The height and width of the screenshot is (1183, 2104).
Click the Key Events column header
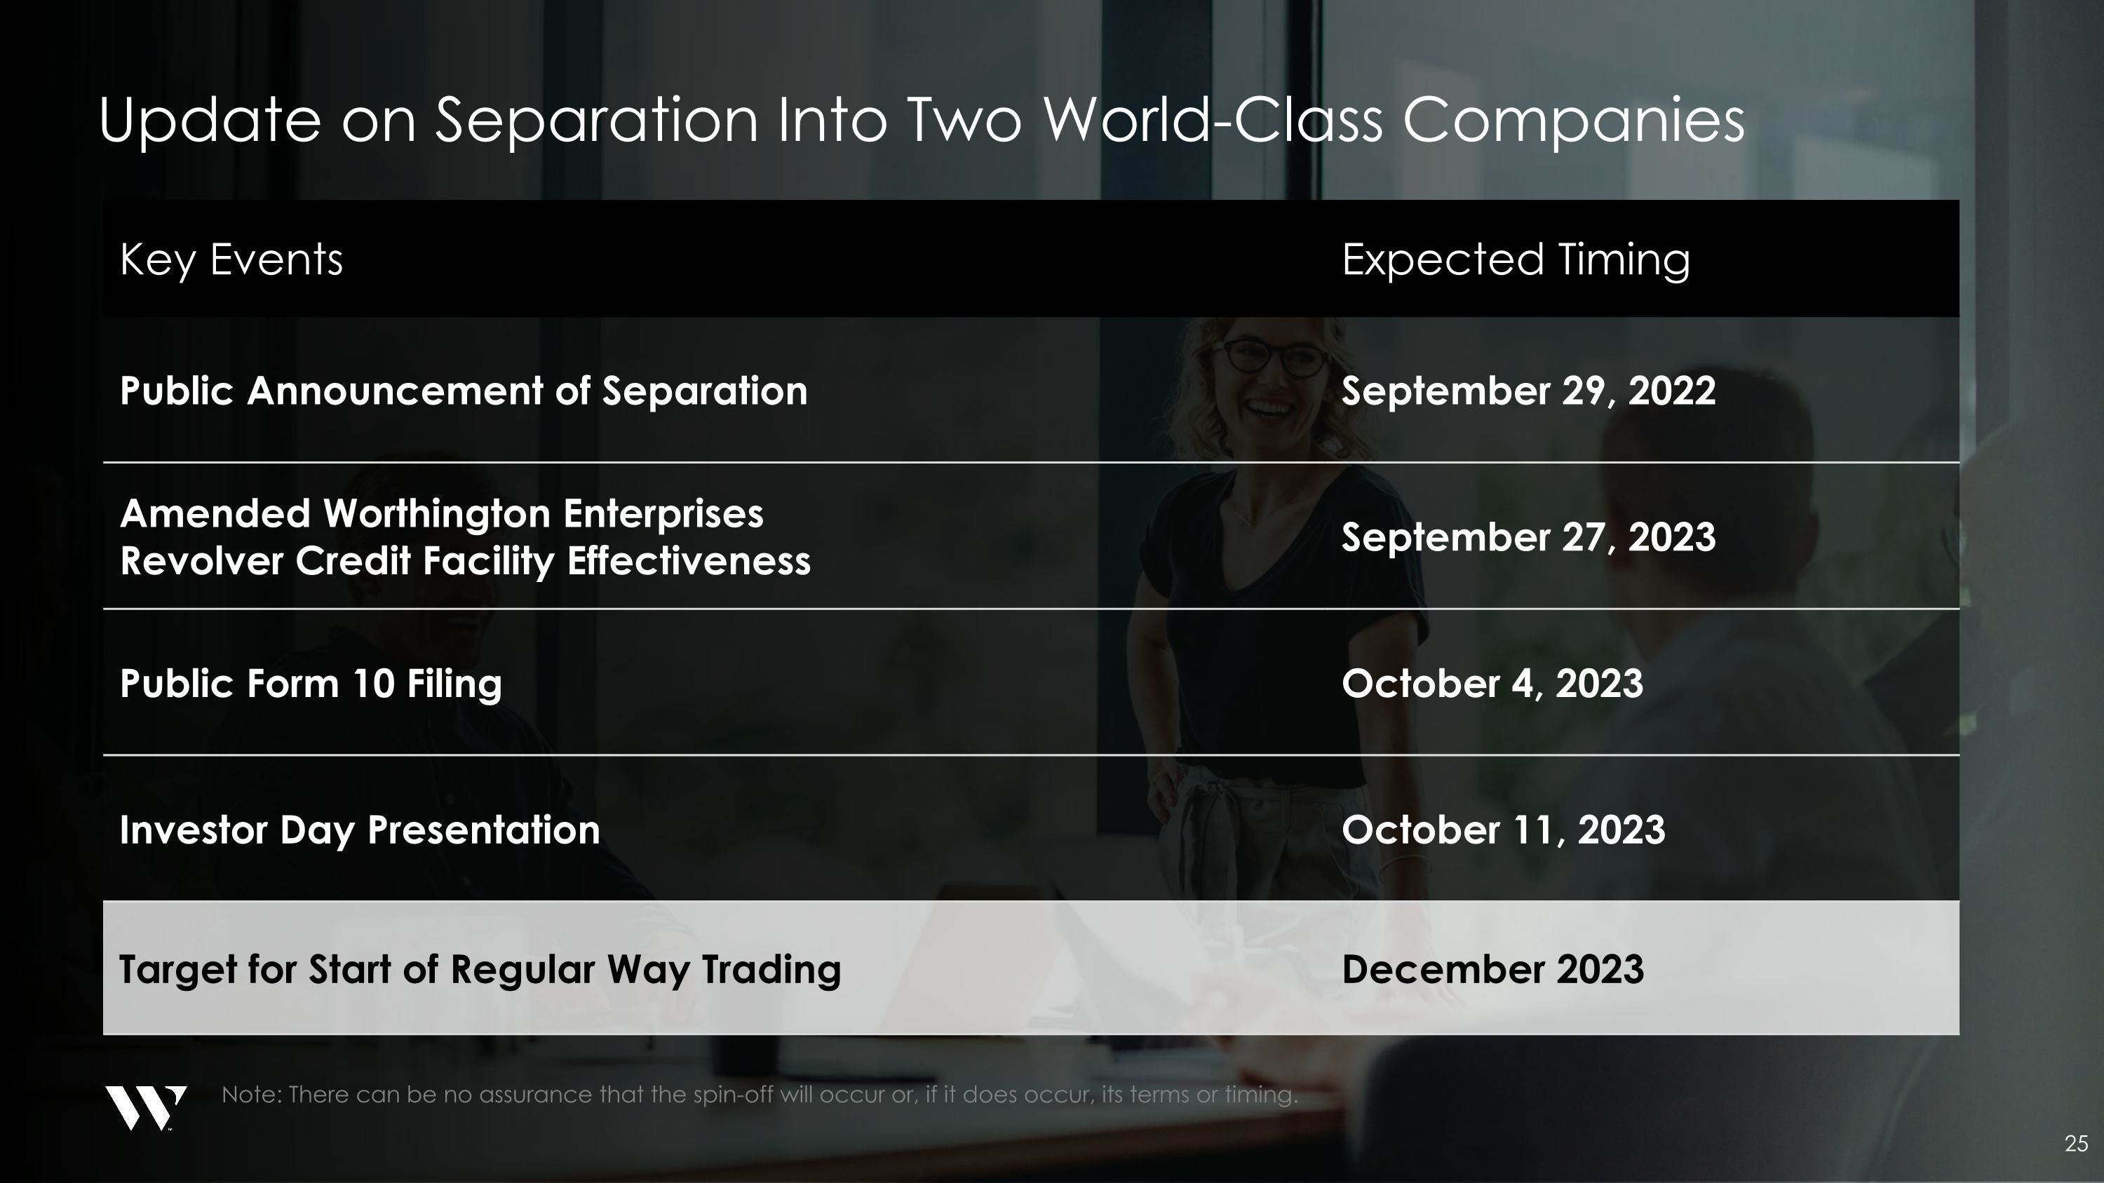click(x=231, y=259)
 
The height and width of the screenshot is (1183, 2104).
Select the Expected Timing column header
click(x=1515, y=259)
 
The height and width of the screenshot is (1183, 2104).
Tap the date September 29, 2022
click(x=1528, y=391)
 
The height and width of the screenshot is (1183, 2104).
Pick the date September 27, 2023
click(x=1528, y=537)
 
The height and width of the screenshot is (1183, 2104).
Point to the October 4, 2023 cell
click(x=1492, y=683)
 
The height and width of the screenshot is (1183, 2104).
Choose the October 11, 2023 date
click(x=1503, y=830)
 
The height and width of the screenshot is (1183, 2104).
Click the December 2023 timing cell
click(x=1492, y=969)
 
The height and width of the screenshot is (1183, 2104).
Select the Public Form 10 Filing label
click(x=311, y=683)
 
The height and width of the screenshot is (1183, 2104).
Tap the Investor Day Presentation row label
click(x=359, y=830)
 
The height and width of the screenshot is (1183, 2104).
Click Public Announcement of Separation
click(x=463, y=391)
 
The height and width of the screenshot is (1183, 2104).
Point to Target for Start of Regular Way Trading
click(x=480, y=969)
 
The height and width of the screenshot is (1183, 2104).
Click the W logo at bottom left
click(x=145, y=1108)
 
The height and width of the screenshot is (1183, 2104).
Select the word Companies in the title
click(x=1573, y=120)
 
